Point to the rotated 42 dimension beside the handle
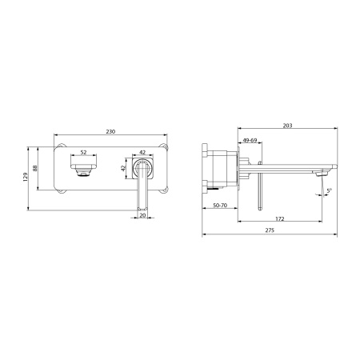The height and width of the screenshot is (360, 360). pos(124,169)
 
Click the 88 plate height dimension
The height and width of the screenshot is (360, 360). pos(34,169)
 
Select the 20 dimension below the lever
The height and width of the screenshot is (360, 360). pos(143,214)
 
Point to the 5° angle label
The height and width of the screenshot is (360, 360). pos(327,190)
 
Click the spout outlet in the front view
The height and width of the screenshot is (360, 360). pos(83,168)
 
